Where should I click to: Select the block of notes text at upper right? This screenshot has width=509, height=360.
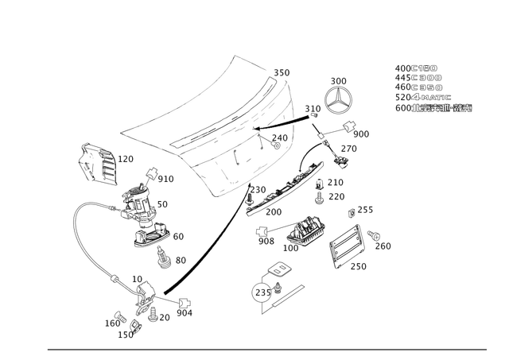431,87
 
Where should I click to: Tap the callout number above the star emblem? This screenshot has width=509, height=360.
340,79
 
